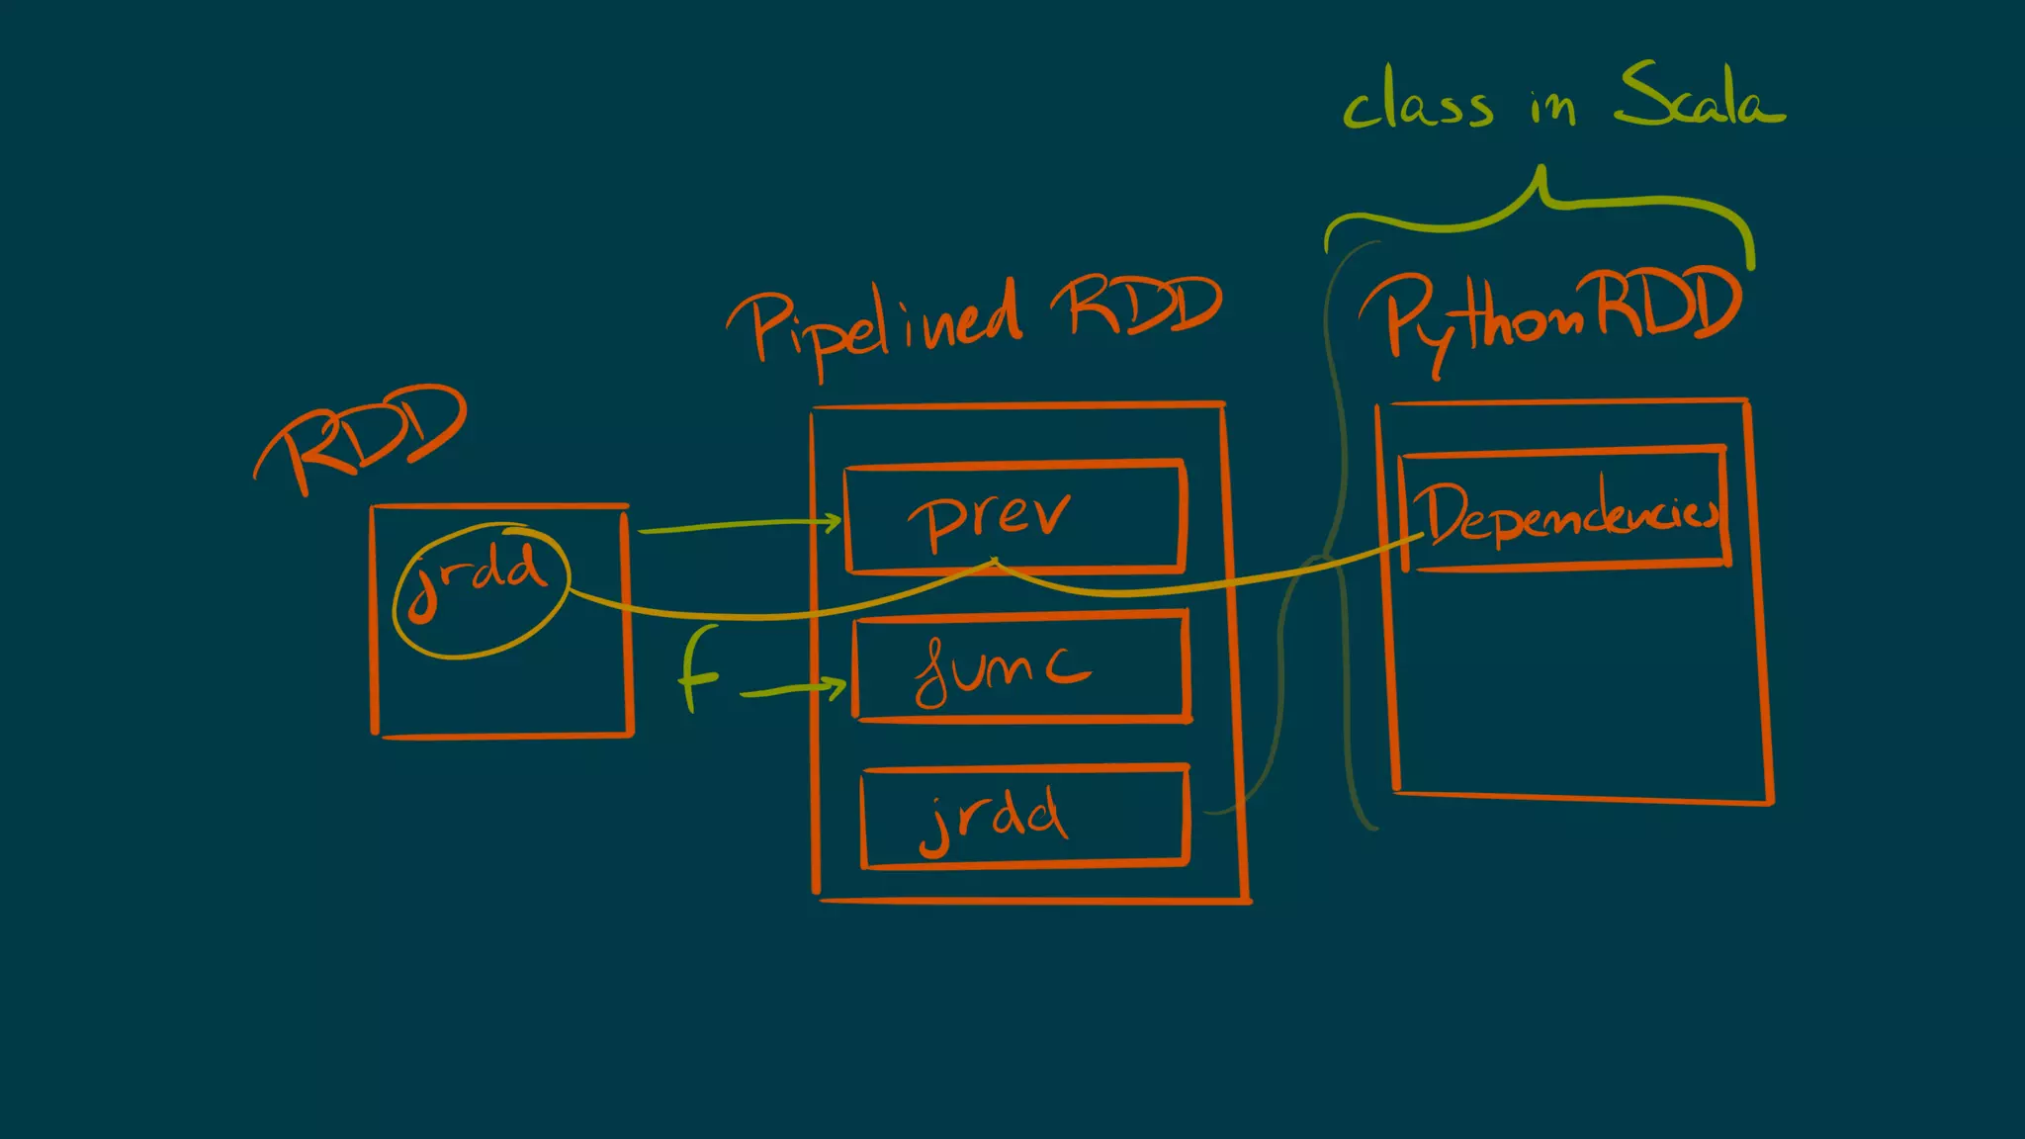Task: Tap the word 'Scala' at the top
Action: coord(1699,97)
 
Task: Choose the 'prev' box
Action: coord(1015,516)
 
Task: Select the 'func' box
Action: coord(1021,668)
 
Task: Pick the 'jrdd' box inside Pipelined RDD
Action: coord(1024,817)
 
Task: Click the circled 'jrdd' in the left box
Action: coord(482,589)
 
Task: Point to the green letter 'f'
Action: coord(699,670)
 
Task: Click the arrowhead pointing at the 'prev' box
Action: coord(834,520)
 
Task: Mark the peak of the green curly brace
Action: coord(1541,172)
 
